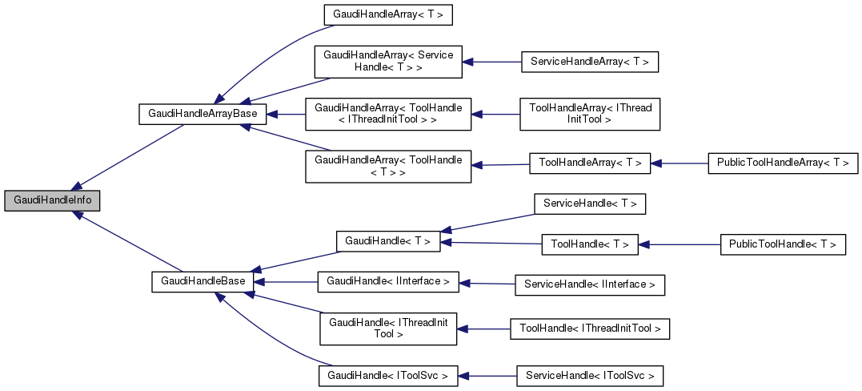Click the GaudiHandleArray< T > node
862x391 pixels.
pyautogui.click(x=382, y=14)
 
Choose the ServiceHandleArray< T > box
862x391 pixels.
pyautogui.click(x=589, y=62)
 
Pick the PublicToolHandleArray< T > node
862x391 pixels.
pyautogui.click(x=783, y=163)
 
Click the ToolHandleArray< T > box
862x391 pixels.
pyautogui.click(x=590, y=163)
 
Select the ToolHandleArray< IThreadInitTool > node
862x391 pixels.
pyautogui.click(x=590, y=114)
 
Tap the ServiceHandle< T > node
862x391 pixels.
pyautogui.click(x=590, y=204)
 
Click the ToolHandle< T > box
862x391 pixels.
pyautogui.click(x=590, y=244)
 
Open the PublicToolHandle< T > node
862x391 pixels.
pyautogui.click(x=783, y=244)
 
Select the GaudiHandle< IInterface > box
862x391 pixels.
pyautogui.click(x=387, y=281)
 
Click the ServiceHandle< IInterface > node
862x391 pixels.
pyautogui.click(x=590, y=284)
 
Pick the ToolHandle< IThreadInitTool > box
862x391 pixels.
pyautogui.click(x=590, y=329)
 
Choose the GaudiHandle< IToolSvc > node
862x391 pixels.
pyautogui.click(x=387, y=374)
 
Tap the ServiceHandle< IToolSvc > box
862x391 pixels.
pyautogui.click(x=590, y=374)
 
